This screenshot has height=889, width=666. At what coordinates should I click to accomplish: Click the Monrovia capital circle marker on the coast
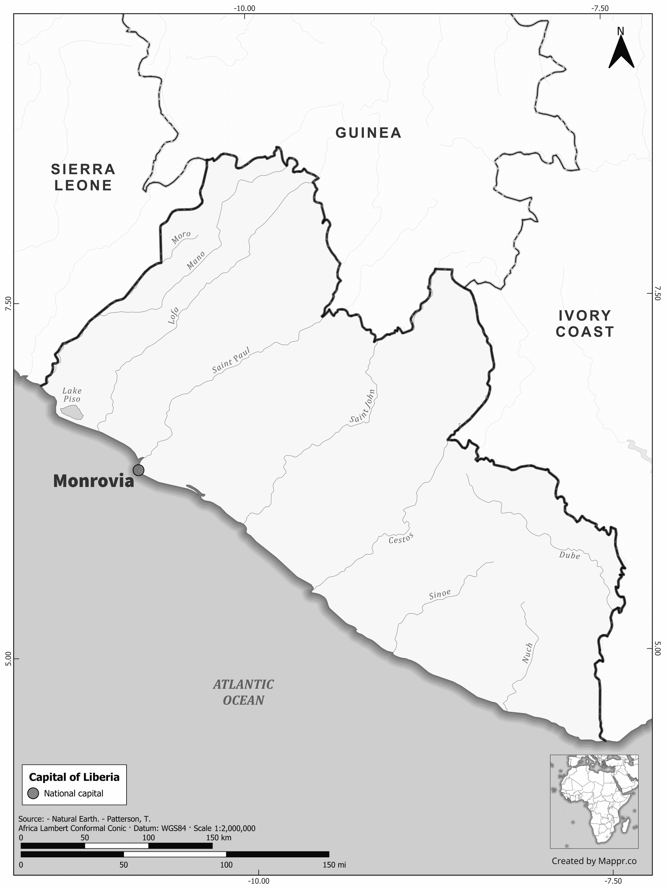[x=138, y=470]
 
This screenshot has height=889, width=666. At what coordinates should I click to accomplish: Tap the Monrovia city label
[x=93, y=481]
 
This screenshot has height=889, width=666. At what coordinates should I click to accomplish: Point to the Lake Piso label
[x=72, y=394]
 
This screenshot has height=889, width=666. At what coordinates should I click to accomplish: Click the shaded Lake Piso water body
[x=72, y=411]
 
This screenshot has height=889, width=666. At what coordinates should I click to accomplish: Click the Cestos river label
[x=401, y=538]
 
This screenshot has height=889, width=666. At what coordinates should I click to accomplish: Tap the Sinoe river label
[x=440, y=595]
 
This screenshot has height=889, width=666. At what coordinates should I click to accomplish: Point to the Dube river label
[x=570, y=555]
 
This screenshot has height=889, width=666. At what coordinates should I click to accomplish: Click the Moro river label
[x=181, y=237]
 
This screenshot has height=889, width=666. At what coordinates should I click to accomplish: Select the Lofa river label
[x=173, y=315]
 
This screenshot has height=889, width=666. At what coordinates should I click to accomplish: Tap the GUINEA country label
[x=368, y=133]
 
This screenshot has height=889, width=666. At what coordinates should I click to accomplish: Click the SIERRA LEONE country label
[x=83, y=177]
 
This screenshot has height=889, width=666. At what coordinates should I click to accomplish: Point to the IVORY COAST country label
[x=585, y=324]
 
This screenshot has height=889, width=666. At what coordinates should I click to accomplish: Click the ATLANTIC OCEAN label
[x=243, y=692]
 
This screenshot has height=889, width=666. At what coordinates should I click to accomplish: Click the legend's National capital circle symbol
[x=33, y=793]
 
